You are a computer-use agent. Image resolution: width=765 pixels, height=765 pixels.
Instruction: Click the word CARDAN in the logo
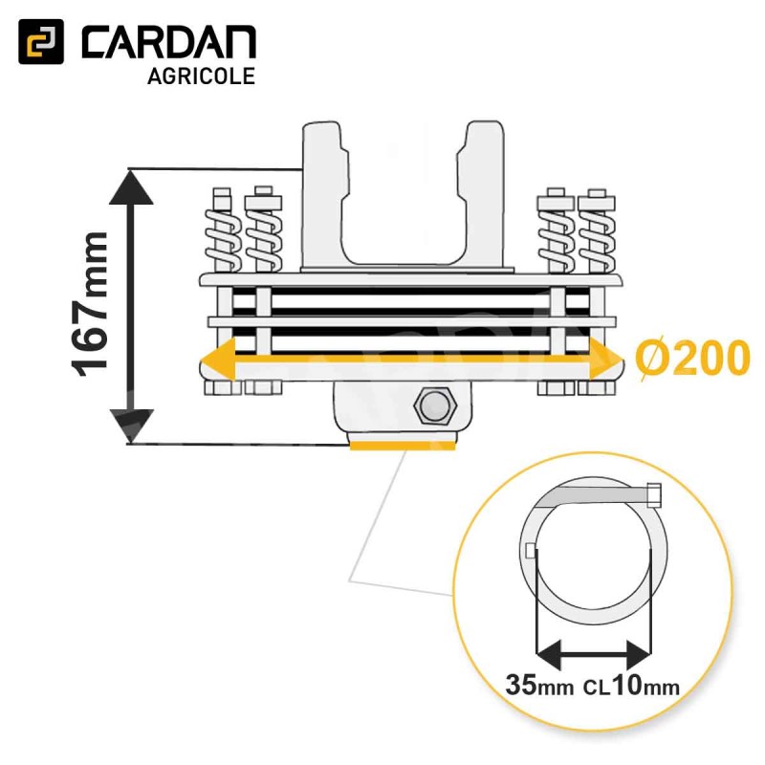(168, 44)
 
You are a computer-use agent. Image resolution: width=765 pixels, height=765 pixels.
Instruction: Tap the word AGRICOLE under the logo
(201, 76)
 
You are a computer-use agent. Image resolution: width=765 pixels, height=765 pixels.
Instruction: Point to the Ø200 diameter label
(691, 360)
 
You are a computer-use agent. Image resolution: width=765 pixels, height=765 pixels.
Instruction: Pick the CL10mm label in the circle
(632, 686)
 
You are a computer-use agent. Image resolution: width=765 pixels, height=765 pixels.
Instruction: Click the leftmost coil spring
(223, 235)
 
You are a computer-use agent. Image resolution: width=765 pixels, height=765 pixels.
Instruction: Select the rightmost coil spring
(596, 235)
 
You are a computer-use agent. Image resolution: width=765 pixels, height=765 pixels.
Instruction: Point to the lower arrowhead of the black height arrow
(131, 426)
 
